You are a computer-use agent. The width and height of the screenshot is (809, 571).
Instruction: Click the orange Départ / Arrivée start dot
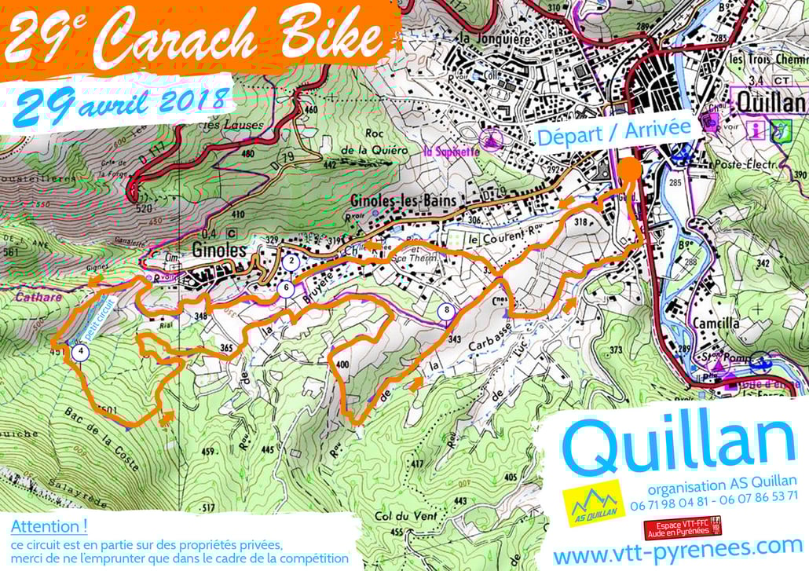628,169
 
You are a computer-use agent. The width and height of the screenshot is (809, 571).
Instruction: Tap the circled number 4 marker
80,353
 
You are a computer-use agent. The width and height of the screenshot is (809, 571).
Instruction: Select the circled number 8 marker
447,310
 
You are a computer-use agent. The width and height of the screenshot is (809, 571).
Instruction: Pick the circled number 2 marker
291,261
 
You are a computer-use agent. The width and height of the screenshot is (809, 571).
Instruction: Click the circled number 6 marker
287,289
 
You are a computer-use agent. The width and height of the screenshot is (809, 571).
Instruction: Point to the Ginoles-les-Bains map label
402,200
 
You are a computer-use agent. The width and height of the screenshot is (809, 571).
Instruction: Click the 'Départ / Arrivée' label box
613,132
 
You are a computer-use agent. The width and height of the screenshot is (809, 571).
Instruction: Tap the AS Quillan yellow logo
593,503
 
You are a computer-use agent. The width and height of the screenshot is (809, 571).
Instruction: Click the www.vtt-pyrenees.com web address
678,548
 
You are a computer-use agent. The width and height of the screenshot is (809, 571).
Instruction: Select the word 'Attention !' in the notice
49,525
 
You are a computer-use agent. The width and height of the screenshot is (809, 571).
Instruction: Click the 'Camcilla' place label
715,323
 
